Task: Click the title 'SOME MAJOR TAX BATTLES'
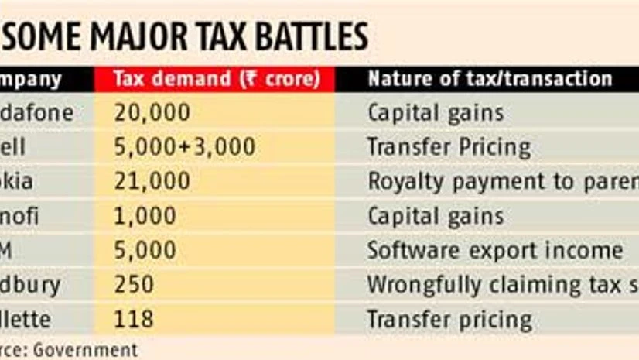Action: point(186,36)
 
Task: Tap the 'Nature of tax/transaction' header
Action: point(490,79)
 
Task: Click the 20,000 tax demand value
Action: point(152,113)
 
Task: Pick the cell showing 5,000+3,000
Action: point(184,147)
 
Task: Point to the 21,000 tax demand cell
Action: point(152,181)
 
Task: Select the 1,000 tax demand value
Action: point(145,216)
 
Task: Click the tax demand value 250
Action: point(133,284)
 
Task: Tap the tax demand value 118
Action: point(133,319)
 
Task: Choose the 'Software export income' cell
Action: point(494,250)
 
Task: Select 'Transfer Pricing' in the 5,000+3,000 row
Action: point(449,147)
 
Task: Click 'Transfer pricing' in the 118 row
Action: point(449,319)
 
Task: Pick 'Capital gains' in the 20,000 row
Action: point(435,113)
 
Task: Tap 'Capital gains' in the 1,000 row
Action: point(435,216)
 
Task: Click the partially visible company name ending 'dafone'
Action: point(37,113)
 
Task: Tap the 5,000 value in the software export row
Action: point(145,250)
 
